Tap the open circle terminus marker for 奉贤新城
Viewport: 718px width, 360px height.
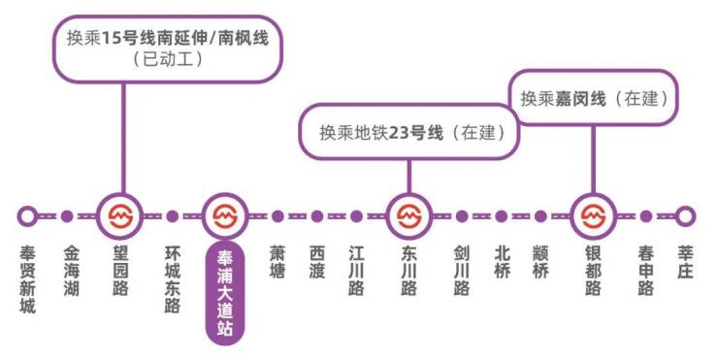coord(28,216)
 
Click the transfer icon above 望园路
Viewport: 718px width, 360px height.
coord(120,216)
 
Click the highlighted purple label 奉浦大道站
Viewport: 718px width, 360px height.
coord(224,291)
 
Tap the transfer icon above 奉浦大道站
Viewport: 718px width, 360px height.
coord(225,216)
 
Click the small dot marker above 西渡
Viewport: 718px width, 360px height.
coord(317,216)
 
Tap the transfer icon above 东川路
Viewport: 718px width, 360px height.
coord(409,216)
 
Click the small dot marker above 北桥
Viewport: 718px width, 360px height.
coord(501,216)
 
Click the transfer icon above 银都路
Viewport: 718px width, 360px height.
coord(593,216)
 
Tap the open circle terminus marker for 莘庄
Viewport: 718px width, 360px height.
coord(686,216)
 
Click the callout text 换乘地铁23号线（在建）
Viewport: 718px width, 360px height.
coord(412,131)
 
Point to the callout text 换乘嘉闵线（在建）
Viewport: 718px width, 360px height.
coord(595,98)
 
